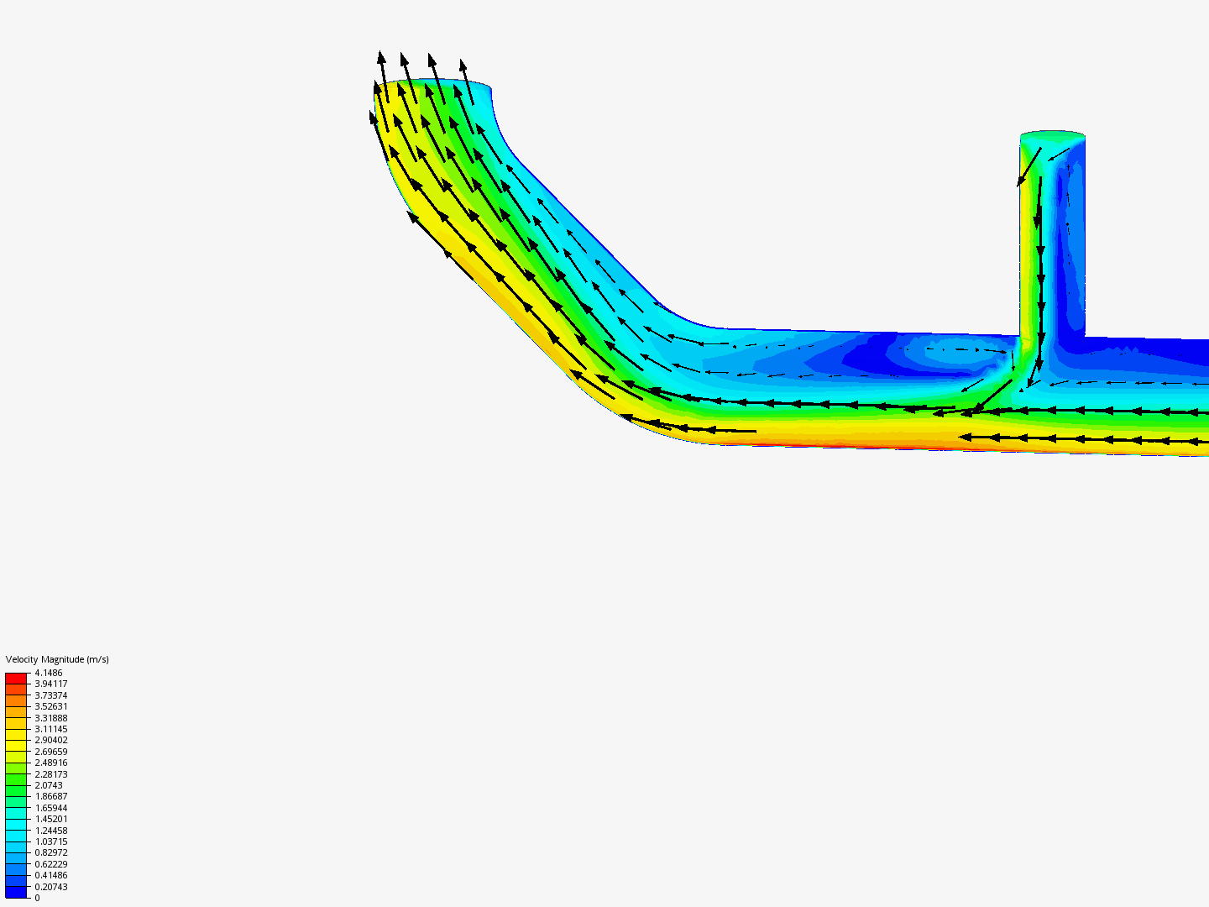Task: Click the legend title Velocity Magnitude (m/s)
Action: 57,659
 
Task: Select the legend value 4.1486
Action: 49,673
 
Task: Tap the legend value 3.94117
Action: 51,684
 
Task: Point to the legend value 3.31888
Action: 51,718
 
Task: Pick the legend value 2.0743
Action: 49,785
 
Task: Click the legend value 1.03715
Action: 51,841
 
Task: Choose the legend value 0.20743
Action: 51,887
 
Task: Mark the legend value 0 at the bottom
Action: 37,898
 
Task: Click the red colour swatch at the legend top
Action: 16,678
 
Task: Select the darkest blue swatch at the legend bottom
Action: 16,892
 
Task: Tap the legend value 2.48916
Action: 51,763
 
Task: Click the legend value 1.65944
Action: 51,808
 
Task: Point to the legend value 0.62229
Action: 51,864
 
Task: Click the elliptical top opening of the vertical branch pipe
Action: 1053,136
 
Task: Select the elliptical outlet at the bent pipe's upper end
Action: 432,87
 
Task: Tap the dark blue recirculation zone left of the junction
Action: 882,357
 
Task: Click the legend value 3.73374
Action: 51,695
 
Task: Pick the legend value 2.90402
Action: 51,740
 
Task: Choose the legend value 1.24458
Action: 51,831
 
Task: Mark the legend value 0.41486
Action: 51,875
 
